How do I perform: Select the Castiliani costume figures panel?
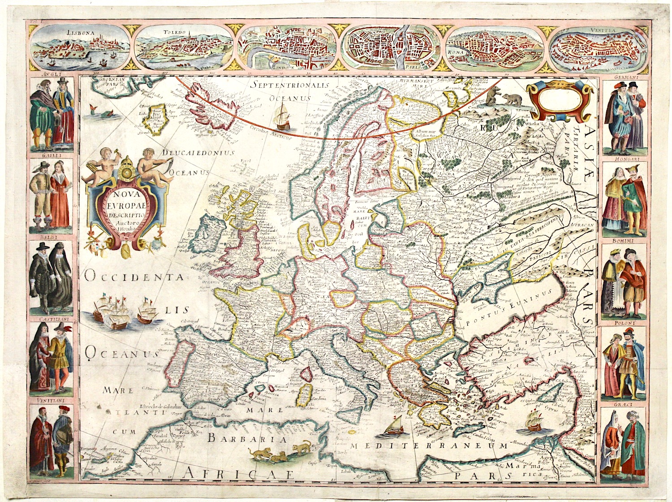(51, 359)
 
